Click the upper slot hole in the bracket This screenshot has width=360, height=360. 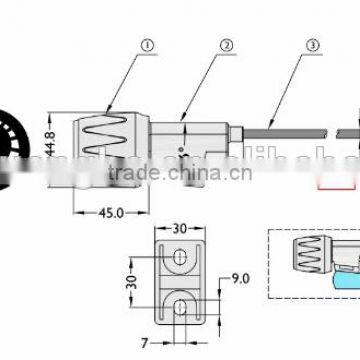coord(178,259)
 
